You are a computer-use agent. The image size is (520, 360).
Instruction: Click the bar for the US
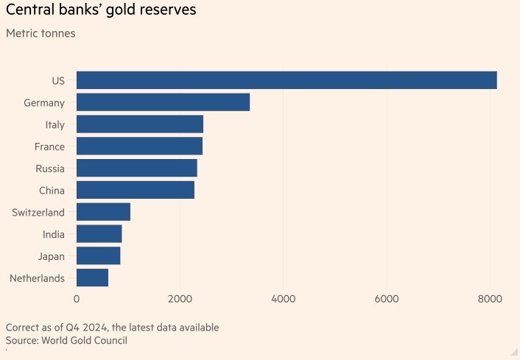287,80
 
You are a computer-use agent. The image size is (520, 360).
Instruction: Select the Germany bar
163,102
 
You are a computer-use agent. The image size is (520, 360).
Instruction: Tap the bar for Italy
140,124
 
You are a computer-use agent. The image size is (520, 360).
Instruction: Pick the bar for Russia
137,169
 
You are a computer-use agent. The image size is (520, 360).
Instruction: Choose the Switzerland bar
103,212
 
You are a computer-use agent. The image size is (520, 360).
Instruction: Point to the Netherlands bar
92,278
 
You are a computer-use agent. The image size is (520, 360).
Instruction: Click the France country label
49,147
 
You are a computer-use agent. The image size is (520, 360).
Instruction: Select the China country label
52,191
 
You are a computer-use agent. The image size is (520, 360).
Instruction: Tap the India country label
53,234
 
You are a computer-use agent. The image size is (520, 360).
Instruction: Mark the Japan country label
52,256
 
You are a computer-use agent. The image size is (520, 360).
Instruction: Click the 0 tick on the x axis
77,299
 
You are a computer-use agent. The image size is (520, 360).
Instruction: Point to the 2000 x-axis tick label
180,299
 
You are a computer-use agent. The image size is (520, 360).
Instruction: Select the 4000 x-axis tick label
283,299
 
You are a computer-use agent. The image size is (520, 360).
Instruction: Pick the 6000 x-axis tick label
387,299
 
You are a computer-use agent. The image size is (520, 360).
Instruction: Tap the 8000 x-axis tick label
490,299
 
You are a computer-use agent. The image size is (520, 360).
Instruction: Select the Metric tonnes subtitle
41,33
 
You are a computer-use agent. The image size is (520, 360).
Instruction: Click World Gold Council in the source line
85,340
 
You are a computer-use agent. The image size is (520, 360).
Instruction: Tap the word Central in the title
28,12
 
